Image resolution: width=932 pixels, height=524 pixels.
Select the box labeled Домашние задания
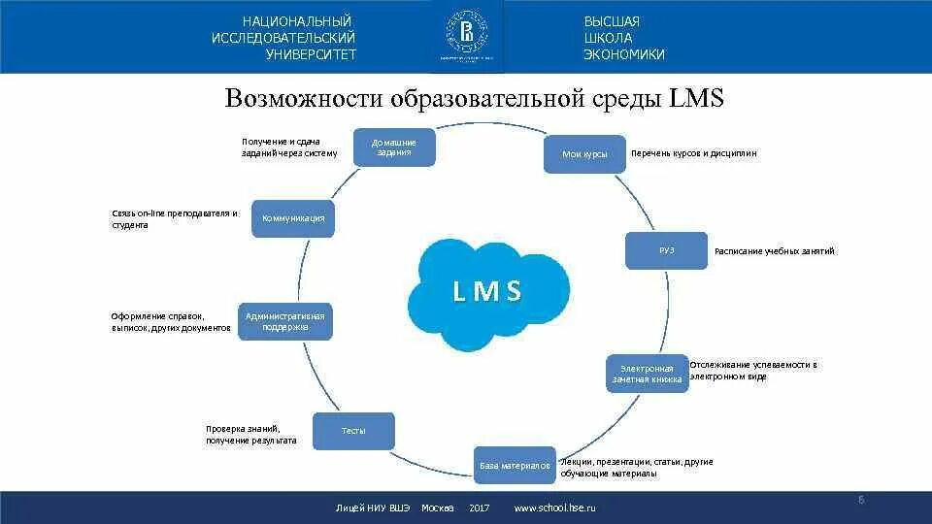pyautogui.click(x=392, y=147)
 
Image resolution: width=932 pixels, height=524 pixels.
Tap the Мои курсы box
pyautogui.click(x=584, y=154)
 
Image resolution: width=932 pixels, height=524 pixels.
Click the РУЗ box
pyautogui.click(x=666, y=250)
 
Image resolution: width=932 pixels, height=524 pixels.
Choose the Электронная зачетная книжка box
pyautogui.click(x=648, y=374)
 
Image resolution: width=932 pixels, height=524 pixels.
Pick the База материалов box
pyautogui.click(x=515, y=466)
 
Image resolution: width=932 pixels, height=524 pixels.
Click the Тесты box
pyautogui.click(x=353, y=431)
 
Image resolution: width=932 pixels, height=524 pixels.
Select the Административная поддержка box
pyautogui.click(x=284, y=321)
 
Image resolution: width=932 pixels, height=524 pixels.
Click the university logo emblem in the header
pyautogui.click(x=466, y=35)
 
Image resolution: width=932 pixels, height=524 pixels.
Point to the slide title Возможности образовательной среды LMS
pyautogui.click(x=475, y=100)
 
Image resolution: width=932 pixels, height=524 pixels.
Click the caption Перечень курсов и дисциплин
pyautogui.click(x=693, y=153)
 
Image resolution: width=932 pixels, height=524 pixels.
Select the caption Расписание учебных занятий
pyautogui.click(x=774, y=251)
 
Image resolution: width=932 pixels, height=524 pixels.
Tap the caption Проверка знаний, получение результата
pyautogui.click(x=250, y=435)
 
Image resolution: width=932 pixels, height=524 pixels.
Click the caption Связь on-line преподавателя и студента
pyautogui.click(x=174, y=219)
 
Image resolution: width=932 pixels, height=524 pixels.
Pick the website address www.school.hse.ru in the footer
pyautogui.click(x=554, y=508)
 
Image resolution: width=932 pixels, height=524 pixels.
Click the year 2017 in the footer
pyautogui.click(x=479, y=508)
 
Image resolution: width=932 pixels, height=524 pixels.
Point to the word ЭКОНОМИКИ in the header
pyautogui.click(x=624, y=55)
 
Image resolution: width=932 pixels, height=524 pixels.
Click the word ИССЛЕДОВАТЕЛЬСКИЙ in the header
pyautogui.click(x=283, y=38)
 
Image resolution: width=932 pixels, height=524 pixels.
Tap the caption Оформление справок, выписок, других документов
pyautogui.click(x=171, y=322)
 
